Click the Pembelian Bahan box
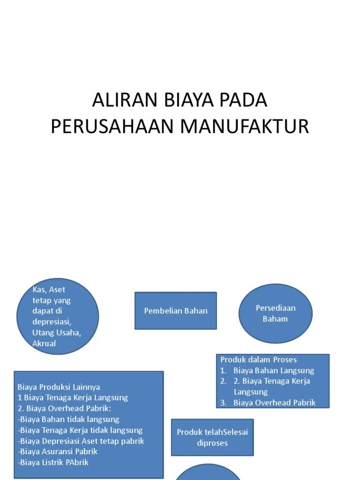(176, 311)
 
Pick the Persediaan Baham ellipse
(275, 314)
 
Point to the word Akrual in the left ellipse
(44, 344)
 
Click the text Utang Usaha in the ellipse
(56, 333)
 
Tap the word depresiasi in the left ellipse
(52, 322)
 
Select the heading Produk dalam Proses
(259, 360)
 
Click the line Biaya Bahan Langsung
(274, 371)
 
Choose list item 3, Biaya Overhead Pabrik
(274, 403)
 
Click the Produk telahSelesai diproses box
(212, 437)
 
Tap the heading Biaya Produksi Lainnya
(59, 387)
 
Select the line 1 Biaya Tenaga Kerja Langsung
(73, 398)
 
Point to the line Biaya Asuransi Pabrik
(58, 452)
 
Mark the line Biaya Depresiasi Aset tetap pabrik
(81, 441)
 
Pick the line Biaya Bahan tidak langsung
(69, 420)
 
